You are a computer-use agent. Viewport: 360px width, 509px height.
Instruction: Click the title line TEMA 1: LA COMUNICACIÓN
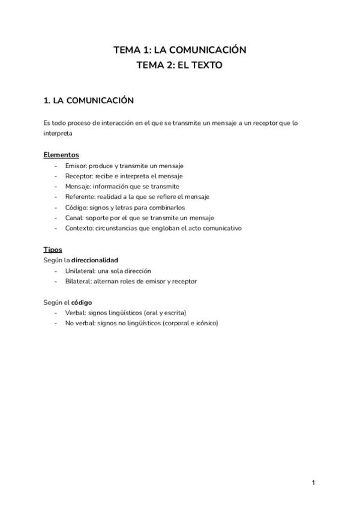pyautogui.click(x=180, y=50)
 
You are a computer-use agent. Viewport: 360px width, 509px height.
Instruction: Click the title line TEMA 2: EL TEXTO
pyautogui.click(x=180, y=65)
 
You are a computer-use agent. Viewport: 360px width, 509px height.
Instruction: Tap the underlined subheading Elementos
pyautogui.click(x=61, y=155)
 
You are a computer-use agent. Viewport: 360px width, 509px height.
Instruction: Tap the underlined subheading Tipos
pyautogui.click(x=53, y=250)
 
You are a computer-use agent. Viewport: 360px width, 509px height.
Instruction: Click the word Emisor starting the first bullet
pyautogui.click(x=76, y=166)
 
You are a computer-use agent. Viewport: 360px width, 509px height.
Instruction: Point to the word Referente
pyautogui.click(x=79, y=197)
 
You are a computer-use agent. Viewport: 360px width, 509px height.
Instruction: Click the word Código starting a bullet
pyautogui.click(x=76, y=207)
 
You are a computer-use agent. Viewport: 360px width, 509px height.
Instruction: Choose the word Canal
pyautogui.click(x=74, y=218)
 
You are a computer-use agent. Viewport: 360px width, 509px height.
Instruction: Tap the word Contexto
pyautogui.click(x=79, y=228)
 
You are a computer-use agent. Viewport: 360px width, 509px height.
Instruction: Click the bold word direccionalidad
pyautogui.click(x=95, y=261)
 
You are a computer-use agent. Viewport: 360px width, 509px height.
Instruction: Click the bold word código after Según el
pyautogui.click(x=82, y=302)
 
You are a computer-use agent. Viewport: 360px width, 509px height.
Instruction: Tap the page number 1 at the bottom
pyautogui.click(x=313, y=483)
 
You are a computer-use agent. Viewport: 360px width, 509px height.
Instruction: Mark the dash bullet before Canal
pyautogui.click(x=56, y=218)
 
